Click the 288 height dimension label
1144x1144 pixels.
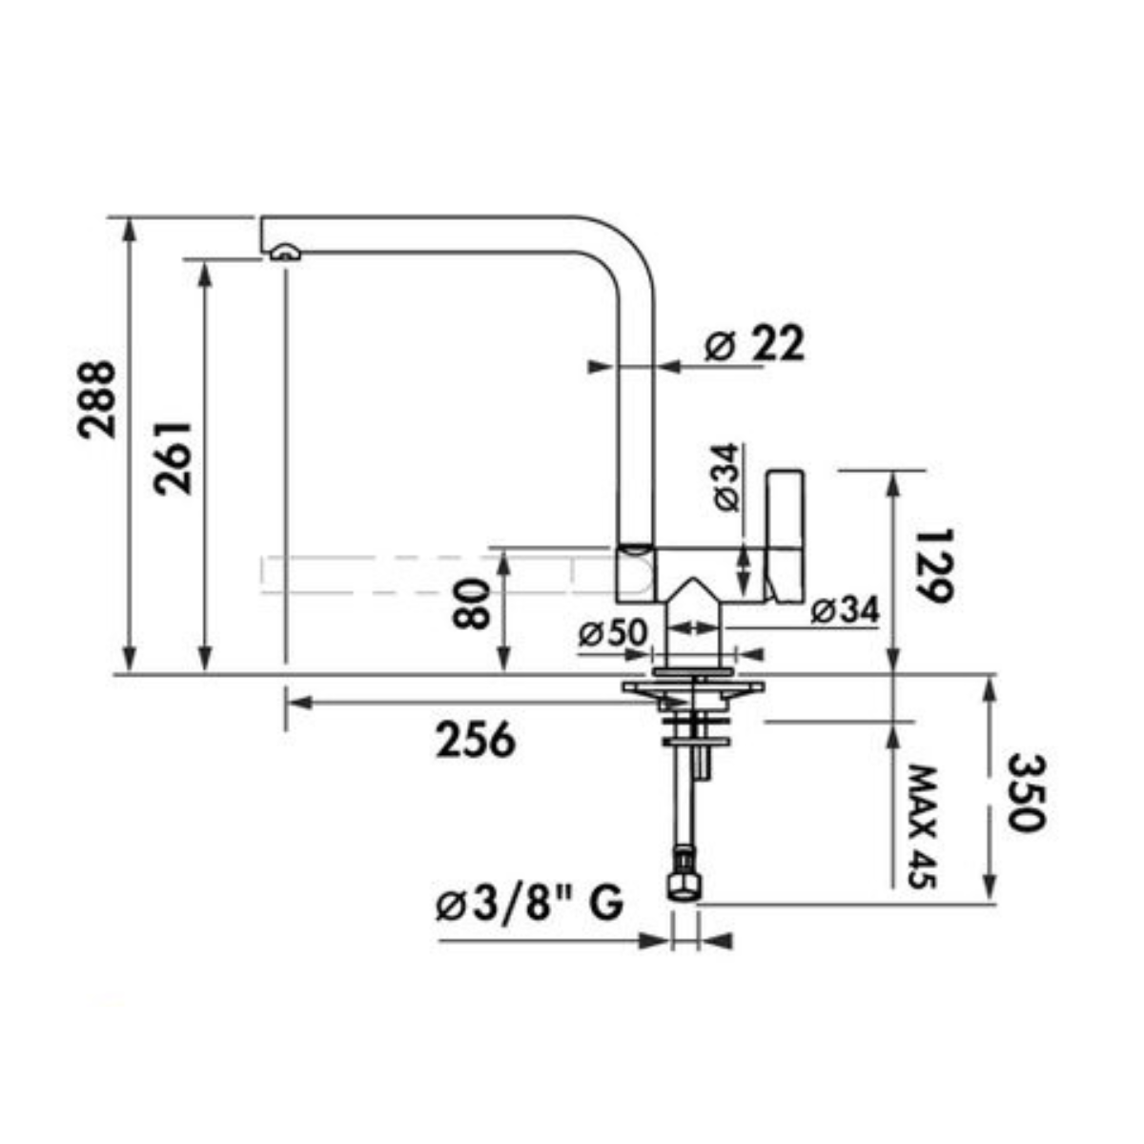[97, 399]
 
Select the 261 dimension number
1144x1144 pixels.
[173, 458]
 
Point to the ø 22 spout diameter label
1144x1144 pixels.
[754, 344]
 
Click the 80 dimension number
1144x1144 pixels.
[471, 605]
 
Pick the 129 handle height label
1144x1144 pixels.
[934, 565]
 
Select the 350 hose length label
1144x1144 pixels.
[1026, 792]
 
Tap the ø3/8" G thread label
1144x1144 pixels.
[529, 904]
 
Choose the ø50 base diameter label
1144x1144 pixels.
[613, 634]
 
